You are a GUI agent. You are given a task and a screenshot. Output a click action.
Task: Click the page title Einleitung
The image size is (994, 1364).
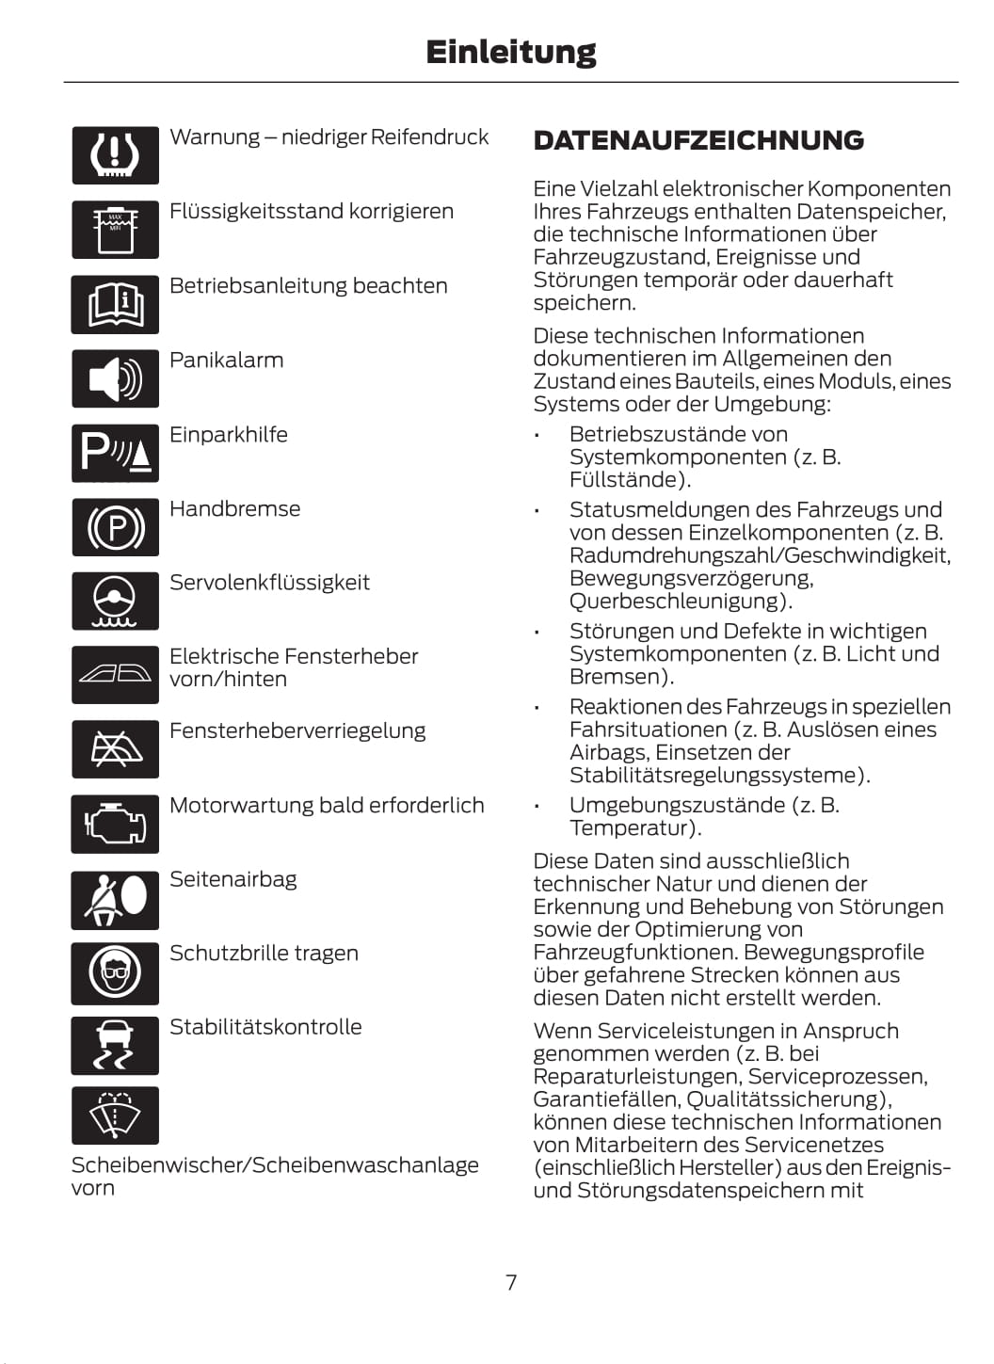[510, 52]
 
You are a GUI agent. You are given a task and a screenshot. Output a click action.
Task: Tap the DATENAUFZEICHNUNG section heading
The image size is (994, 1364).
[698, 140]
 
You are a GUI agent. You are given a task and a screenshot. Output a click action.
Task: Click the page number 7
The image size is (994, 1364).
[511, 1282]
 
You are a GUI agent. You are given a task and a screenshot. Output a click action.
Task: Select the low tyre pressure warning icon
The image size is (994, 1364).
[115, 155]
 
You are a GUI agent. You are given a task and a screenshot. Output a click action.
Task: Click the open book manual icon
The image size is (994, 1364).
[115, 304]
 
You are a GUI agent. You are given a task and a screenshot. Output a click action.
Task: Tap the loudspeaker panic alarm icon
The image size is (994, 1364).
[115, 378]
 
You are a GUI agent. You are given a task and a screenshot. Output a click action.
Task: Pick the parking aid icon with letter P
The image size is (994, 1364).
[115, 453]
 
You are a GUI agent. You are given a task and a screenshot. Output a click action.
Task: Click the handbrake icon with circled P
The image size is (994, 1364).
[115, 527]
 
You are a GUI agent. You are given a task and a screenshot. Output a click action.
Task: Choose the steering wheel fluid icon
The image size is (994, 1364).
[115, 601]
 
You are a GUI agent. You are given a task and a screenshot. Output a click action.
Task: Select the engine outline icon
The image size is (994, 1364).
[115, 825]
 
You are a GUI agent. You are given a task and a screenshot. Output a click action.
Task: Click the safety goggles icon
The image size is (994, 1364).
[115, 972]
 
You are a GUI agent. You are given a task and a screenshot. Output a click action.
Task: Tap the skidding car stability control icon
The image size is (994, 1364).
[115, 1045]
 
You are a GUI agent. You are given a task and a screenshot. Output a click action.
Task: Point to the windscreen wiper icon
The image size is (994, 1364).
[115, 1115]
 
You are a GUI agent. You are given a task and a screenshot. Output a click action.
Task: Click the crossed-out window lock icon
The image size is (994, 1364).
[115, 749]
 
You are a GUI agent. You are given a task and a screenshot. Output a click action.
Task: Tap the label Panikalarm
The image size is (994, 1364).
[226, 361]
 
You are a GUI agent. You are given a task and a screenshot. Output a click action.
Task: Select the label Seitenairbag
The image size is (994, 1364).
[232, 879]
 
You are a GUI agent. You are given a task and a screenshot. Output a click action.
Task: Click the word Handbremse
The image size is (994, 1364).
[234, 509]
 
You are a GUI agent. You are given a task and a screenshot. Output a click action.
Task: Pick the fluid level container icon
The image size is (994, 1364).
[115, 230]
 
